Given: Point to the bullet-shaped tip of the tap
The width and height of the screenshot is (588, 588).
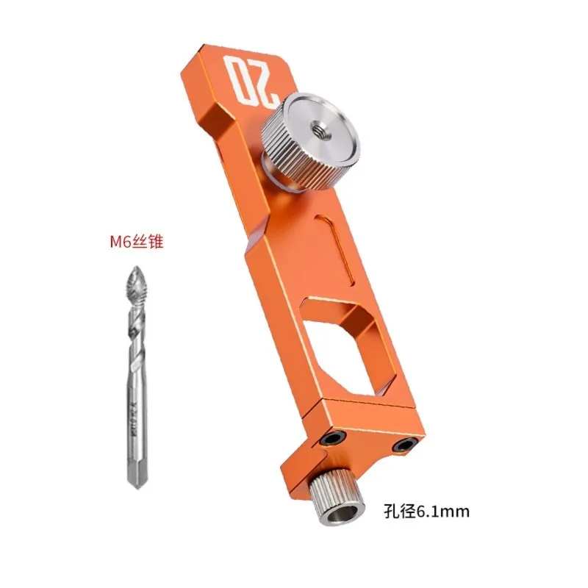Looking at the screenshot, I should click(136, 281).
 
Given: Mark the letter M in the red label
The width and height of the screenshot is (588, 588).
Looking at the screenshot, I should click(112, 242).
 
